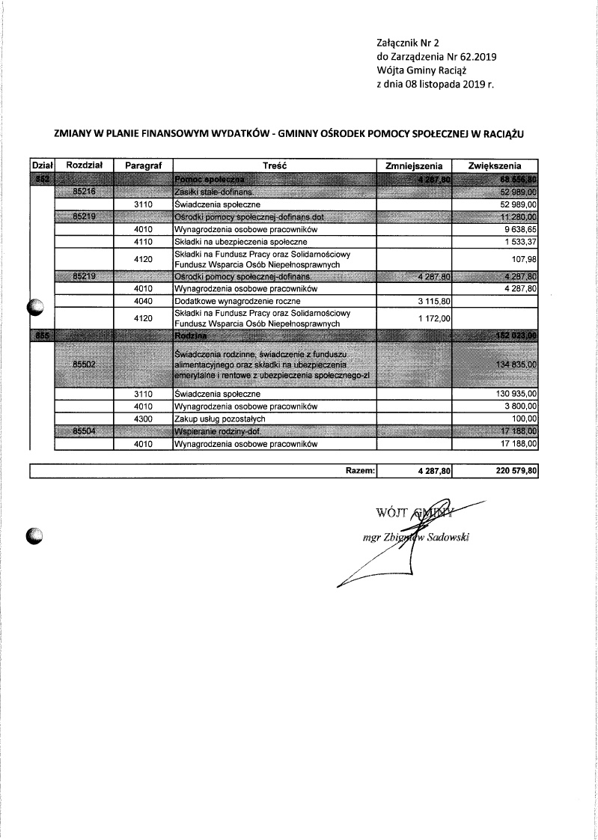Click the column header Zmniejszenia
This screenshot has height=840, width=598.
pyautogui.click(x=414, y=165)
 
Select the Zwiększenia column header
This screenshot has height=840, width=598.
pyautogui.click(x=495, y=165)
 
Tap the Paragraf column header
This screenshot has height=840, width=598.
pyautogui.click(x=143, y=165)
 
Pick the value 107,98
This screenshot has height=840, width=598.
pyautogui.click(x=524, y=260)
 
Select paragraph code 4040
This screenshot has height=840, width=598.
pyautogui.click(x=143, y=301)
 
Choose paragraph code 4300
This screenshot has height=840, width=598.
pyautogui.click(x=143, y=419)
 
